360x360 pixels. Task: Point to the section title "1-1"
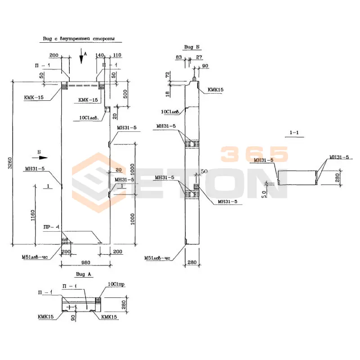295,132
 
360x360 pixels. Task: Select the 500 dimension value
125,94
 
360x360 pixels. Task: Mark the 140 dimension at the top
100,55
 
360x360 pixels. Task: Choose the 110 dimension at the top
117,55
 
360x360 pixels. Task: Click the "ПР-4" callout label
52,228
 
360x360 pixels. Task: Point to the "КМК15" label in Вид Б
216,90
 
